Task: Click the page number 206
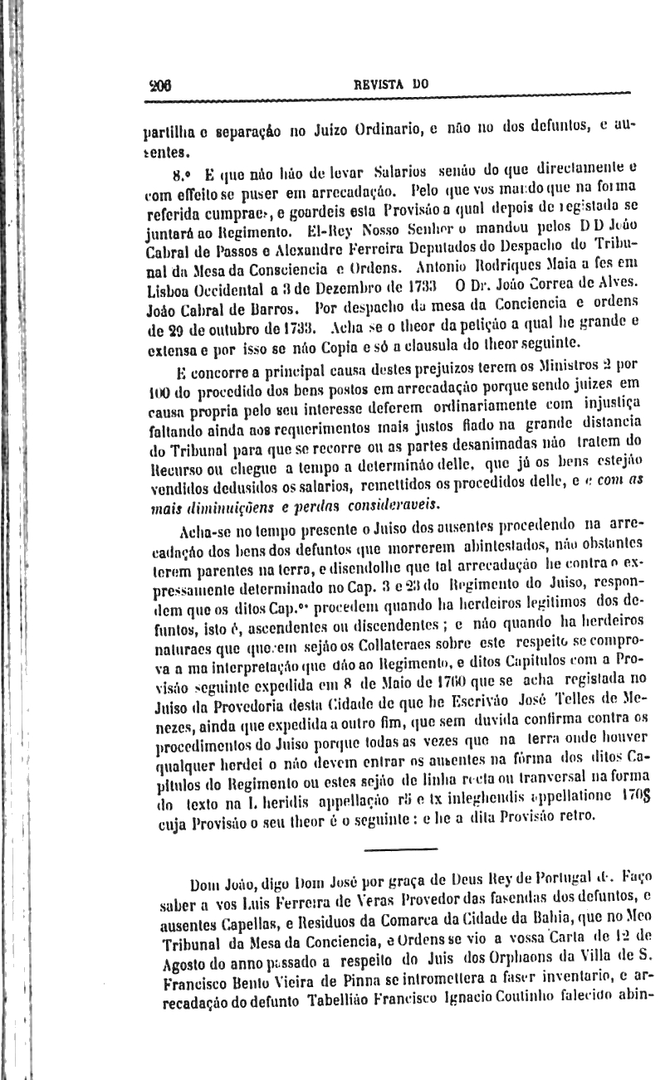click(159, 84)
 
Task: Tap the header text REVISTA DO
click(390, 84)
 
